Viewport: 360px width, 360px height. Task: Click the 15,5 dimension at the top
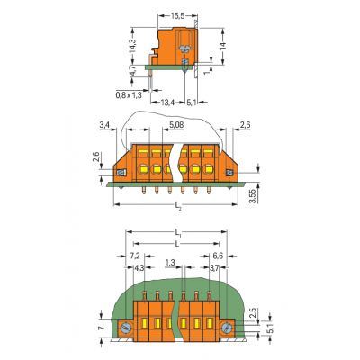[177, 16]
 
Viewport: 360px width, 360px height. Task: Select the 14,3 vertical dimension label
[132, 46]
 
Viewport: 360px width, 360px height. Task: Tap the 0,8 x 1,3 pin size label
[129, 95]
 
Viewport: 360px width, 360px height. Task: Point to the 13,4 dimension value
[167, 103]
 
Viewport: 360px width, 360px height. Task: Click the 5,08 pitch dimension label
[176, 125]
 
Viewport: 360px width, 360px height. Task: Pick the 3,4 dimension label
[104, 125]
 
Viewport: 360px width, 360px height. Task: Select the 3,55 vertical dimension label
[254, 196]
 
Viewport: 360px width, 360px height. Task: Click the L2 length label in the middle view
[178, 205]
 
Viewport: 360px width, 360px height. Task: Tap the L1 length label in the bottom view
[178, 232]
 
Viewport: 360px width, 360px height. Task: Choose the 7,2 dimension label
[135, 256]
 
